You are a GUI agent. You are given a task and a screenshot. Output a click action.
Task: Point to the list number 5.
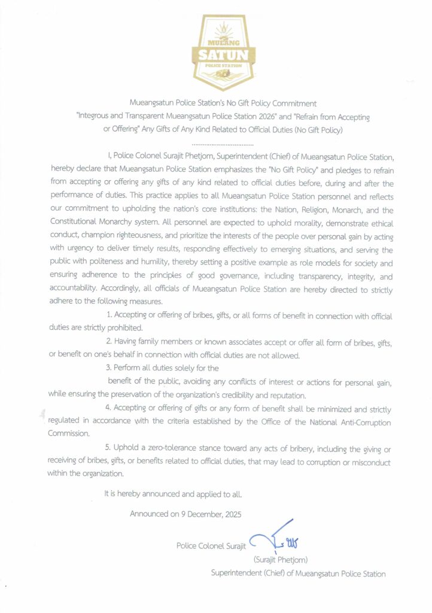(x=108, y=447)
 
